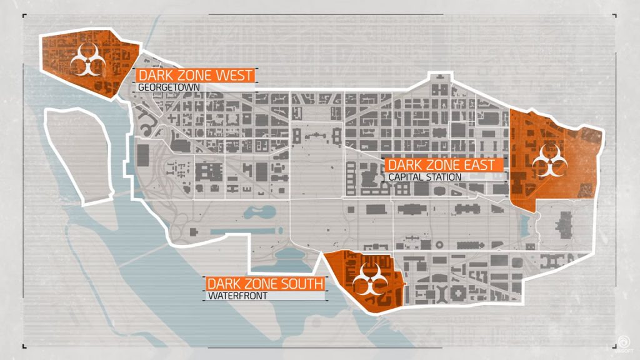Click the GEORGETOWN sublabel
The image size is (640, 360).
169,88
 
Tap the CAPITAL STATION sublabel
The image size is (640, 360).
425,177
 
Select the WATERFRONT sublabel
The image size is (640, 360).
237,296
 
